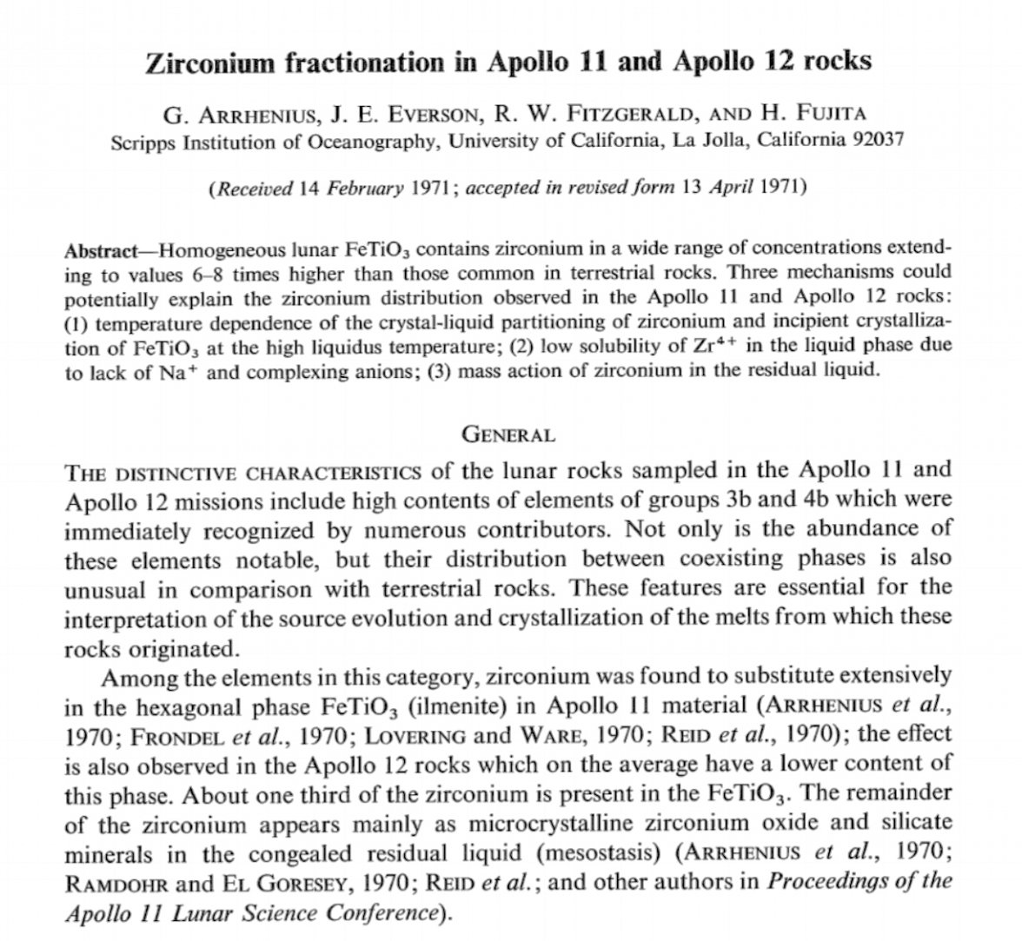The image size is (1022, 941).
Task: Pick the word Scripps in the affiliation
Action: [x=143, y=142]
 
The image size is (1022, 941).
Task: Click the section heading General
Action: [x=508, y=433]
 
